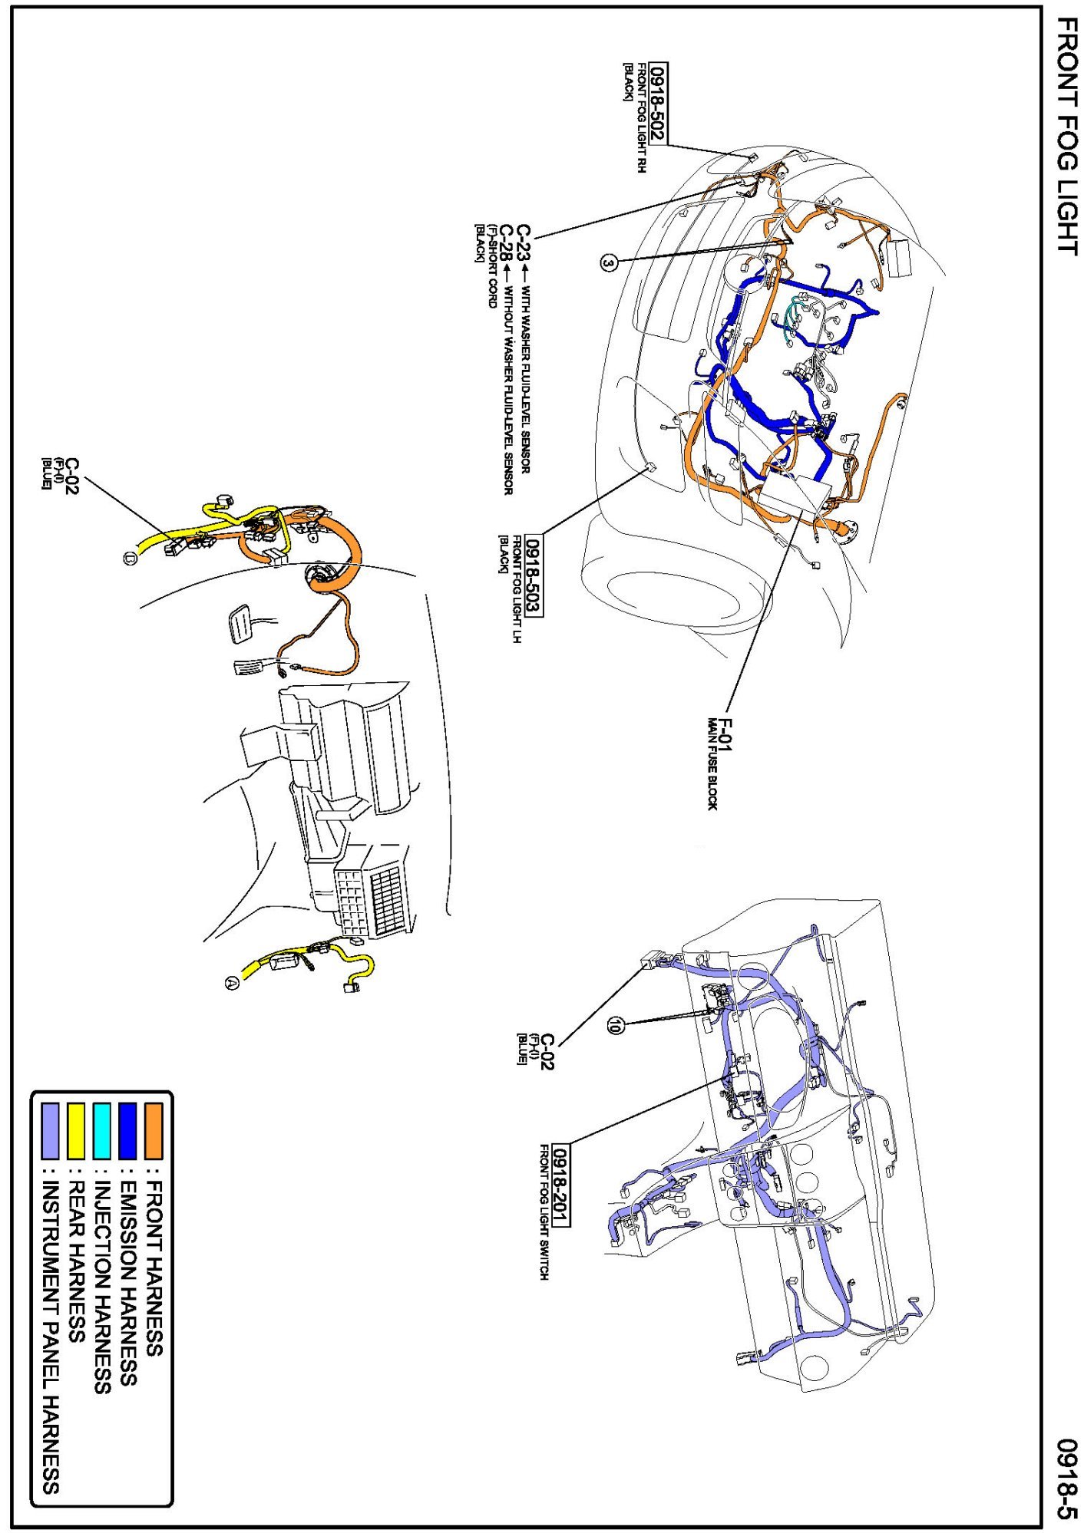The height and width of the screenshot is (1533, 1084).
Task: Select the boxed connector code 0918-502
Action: click(658, 104)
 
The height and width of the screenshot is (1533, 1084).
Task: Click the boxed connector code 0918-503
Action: click(533, 575)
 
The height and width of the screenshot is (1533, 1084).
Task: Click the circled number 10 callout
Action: click(614, 1024)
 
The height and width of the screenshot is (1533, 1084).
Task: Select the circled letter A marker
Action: click(231, 981)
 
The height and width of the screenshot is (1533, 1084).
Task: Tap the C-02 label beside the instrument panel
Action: click(547, 1052)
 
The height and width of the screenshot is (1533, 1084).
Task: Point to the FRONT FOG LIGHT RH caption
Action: click(641, 117)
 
